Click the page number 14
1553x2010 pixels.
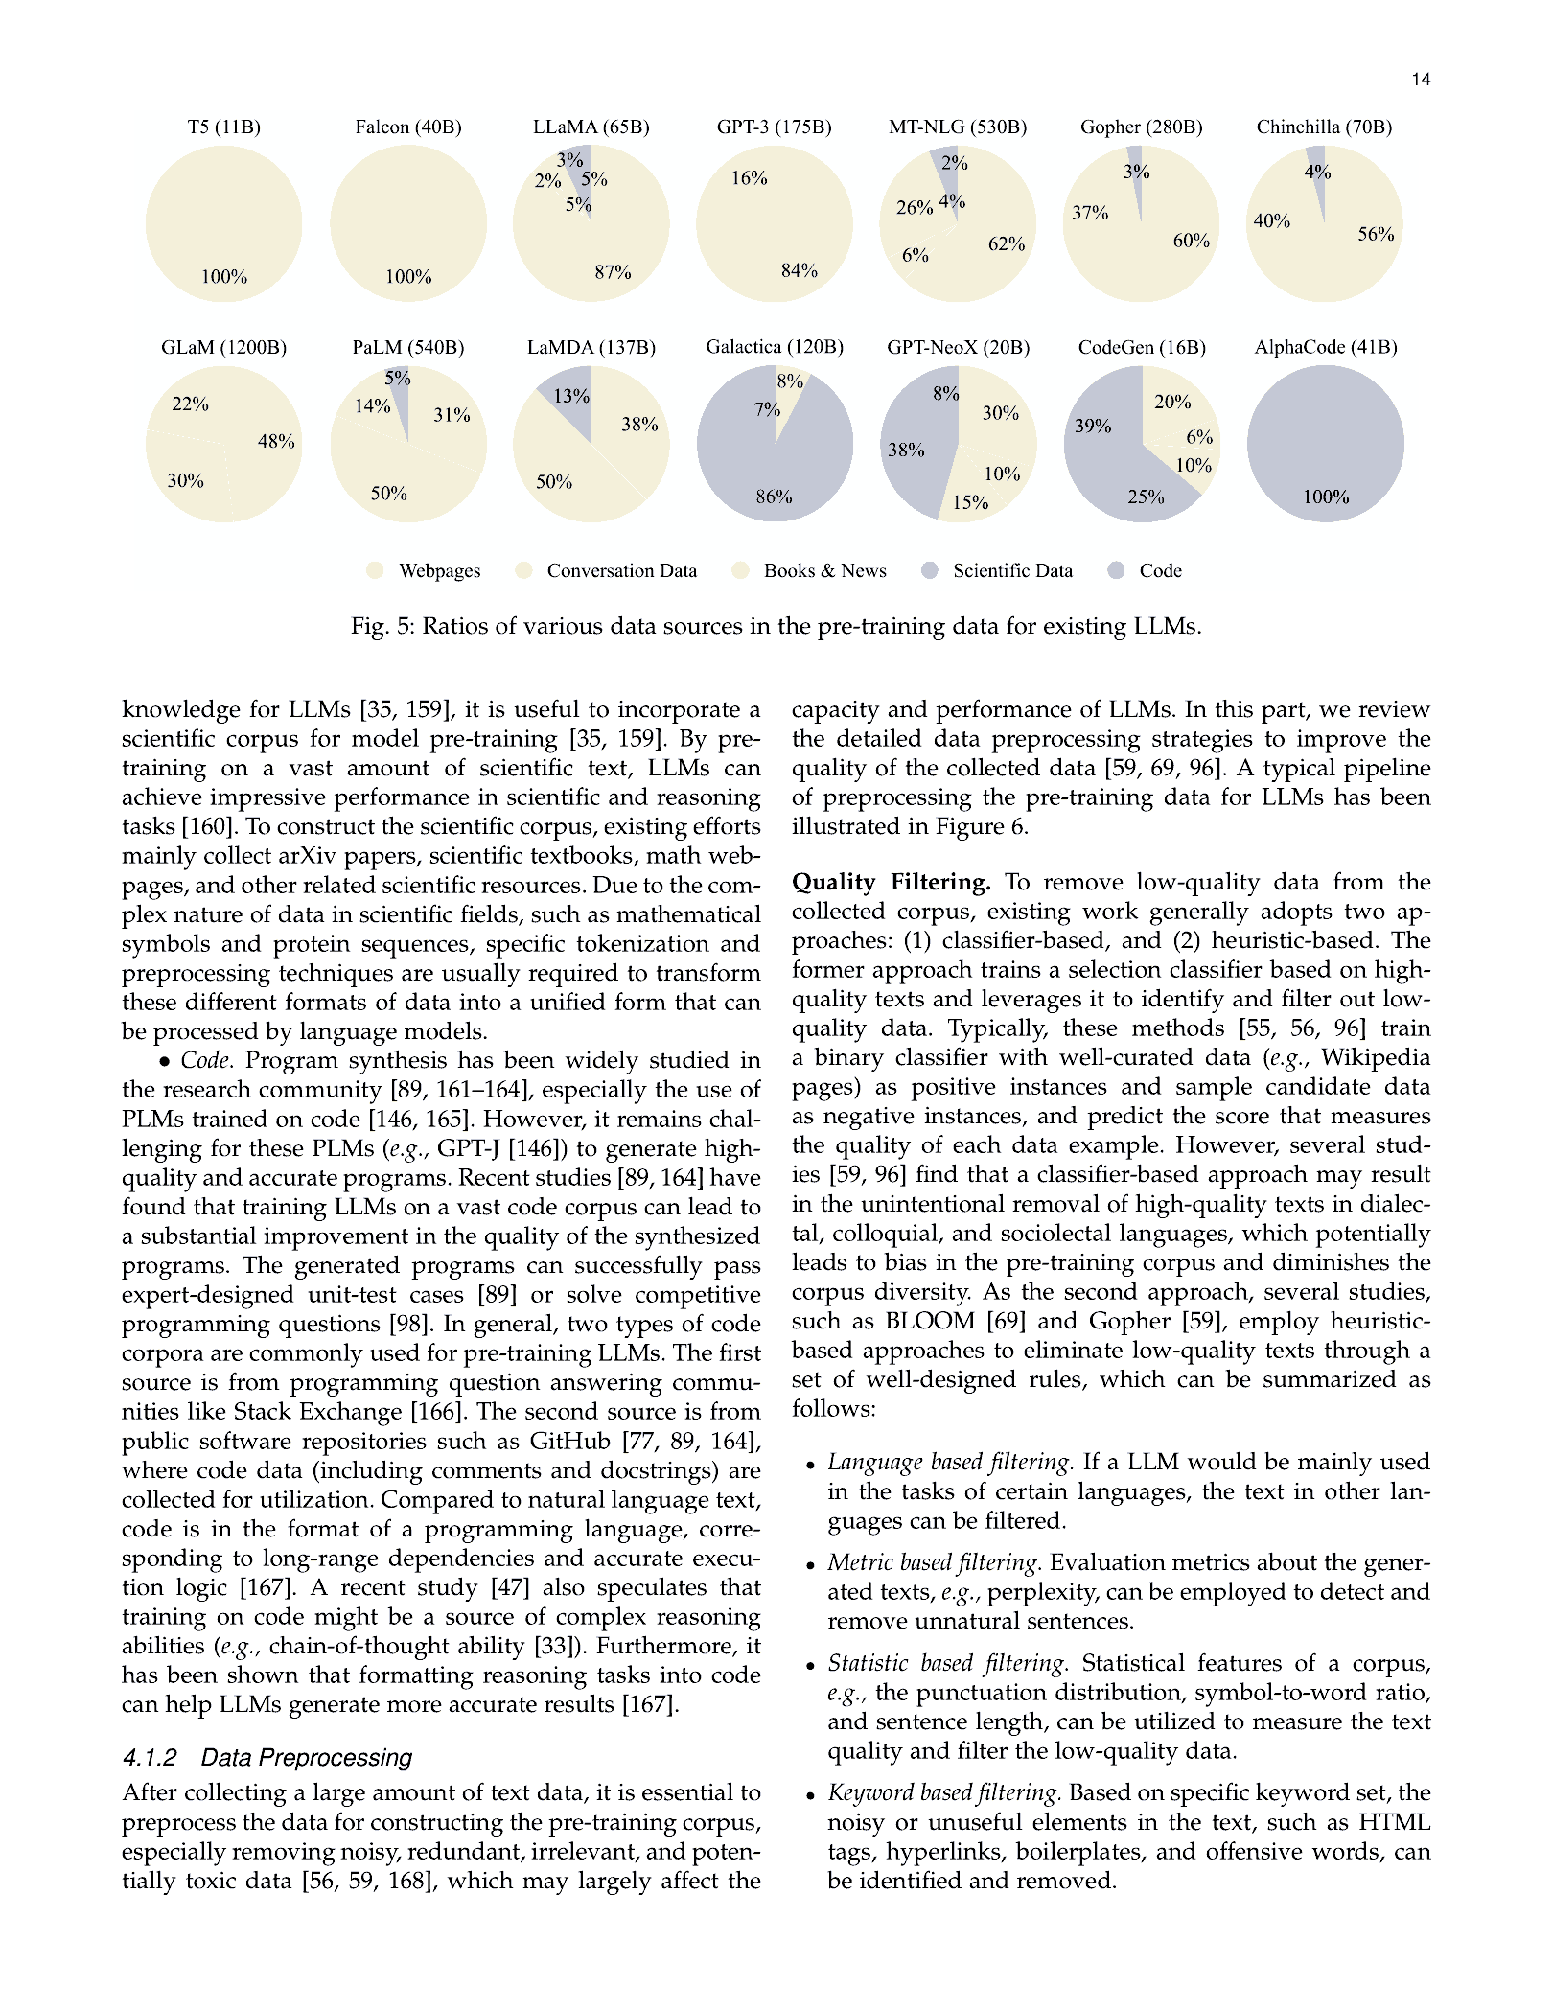pyautogui.click(x=1421, y=80)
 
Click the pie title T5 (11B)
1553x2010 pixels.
pyautogui.click(x=223, y=127)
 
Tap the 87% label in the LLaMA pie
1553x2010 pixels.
pyautogui.click(x=613, y=272)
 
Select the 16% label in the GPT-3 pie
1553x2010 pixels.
pyautogui.click(x=749, y=178)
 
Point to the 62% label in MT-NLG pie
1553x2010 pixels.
pyautogui.click(x=1007, y=244)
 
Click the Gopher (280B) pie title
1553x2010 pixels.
pyautogui.click(x=1141, y=127)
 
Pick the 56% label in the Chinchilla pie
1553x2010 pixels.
pyautogui.click(x=1376, y=234)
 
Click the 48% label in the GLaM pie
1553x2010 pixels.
pyautogui.click(x=276, y=442)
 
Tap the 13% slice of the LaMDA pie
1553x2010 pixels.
pyautogui.click(x=571, y=396)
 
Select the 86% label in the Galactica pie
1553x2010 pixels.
pyautogui.click(x=774, y=497)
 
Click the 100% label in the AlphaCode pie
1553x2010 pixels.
pyautogui.click(x=1326, y=497)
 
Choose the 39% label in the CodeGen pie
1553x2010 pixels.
pyautogui.click(x=1093, y=426)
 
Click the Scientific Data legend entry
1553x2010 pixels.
pyautogui.click(x=1012, y=571)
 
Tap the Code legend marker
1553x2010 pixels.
pyautogui.click(x=1116, y=571)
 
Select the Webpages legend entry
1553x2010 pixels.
pyautogui.click(x=439, y=571)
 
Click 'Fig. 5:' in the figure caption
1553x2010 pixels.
pyautogui.click(x=382, y=627)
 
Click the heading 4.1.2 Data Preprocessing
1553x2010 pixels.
pyautogui.click(x=267, y=1758)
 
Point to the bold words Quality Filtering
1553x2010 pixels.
pyautogui.click(x=891, y=883)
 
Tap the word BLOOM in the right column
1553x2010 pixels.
pyautogui.click(x=930, y=1322)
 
